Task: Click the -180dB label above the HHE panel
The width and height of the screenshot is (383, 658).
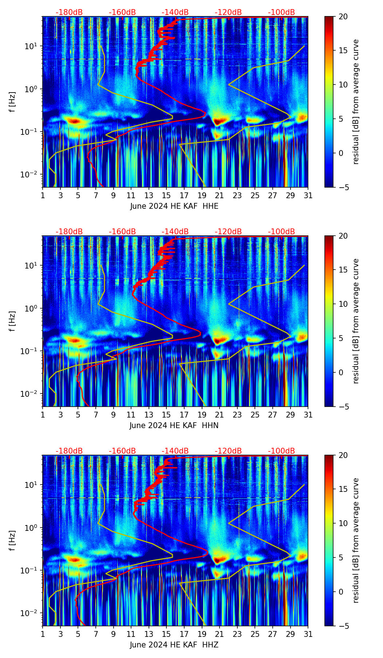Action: tap(69, 12)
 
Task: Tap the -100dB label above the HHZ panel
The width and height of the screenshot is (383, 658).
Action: tap(281, 451)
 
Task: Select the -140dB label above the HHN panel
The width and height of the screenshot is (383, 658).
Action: tap(175, 232)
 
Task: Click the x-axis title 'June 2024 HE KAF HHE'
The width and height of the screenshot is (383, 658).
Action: tap(174, 206)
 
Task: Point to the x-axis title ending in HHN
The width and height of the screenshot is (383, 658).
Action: tap(174, 426)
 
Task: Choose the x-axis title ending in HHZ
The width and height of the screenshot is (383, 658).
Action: tap(174, 645)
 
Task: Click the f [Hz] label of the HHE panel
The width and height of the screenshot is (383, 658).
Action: tap(12, 102)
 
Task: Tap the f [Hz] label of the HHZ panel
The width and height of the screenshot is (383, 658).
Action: tap(12, 541)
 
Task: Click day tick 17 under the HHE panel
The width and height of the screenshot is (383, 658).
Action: tap(184, 196)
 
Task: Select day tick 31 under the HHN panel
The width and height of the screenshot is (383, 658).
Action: tap(308, 415)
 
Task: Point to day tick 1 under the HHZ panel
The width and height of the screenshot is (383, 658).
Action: tap(43, 634)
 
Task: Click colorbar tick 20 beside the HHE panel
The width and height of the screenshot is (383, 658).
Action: tap(343, 17)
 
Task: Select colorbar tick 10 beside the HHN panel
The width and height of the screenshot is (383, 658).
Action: tap(343, 304)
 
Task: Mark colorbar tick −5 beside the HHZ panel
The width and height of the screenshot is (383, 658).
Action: tap(343, 626)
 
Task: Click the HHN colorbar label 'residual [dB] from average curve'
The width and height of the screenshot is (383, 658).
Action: tap(356, 321)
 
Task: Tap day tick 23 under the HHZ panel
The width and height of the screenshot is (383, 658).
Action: tap(237, 634)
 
